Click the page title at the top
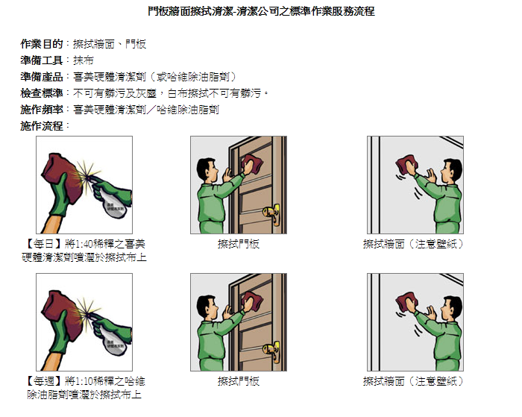[x=261, y=11]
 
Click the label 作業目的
[x=42, y=43]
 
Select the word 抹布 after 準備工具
[x=84, y=60]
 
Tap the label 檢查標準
[x=42, y=93]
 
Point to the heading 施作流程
[x=42, y=126]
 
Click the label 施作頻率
[x=42, y=110]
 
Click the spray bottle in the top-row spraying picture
[x=113, y=203]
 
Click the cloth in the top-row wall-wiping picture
[x=407, y=164]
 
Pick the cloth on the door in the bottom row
[x=252, y=301]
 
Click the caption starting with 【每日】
[x=84, y=251]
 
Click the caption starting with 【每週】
[x=84, y=388]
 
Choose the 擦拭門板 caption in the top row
[x=239, y=244]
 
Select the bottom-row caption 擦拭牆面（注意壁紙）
[x=413, y=381]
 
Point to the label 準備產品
[x=42, y=77]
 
